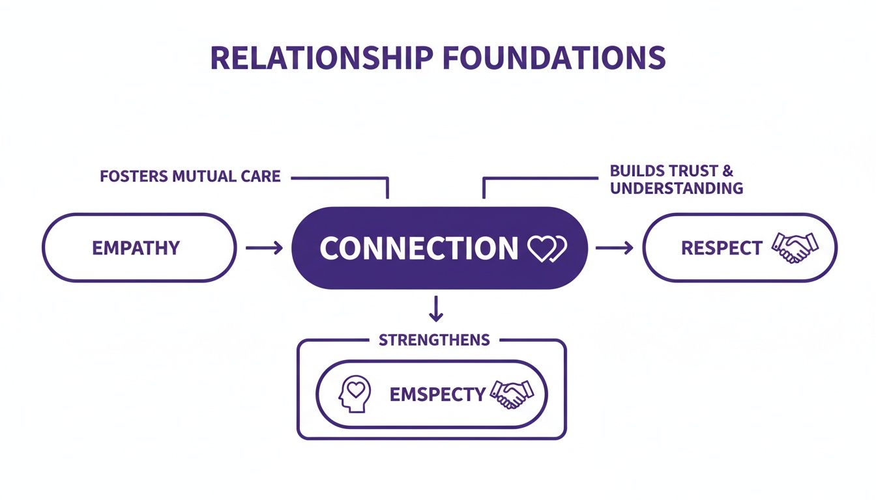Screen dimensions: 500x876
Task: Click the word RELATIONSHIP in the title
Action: point(321,58)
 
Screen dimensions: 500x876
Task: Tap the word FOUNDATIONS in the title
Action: point(553,58)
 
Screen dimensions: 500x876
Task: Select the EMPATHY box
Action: point(139,247)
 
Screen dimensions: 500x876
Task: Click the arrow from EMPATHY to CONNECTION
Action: point(264,247)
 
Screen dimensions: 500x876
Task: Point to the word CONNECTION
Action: point(418,248)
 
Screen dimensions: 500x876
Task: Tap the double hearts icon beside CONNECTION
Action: point(547,249)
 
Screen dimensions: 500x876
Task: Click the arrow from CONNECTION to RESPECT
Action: point(614,247)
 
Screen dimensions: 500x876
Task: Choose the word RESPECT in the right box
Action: point(722,248)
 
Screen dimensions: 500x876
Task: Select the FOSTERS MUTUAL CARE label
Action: point(190,176)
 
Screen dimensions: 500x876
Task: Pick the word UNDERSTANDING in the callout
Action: point(677,188)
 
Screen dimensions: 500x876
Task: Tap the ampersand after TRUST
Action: point(728,171)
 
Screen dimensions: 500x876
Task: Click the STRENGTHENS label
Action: point(434,340)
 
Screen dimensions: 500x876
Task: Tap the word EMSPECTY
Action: point(437,394)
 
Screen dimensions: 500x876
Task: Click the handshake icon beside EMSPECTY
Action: point(512,394)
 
